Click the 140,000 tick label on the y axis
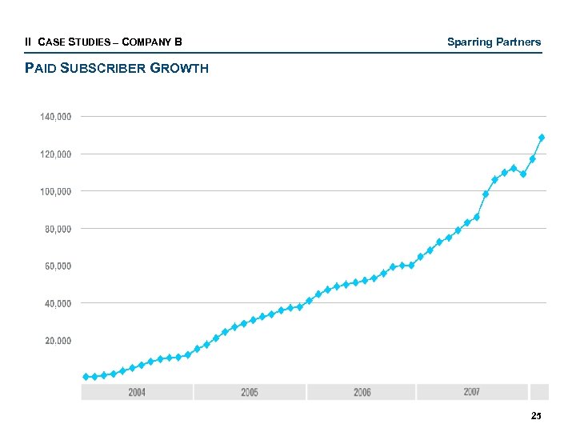56,117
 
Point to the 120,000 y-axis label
56,154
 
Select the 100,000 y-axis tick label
56,191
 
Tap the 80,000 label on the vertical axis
58,229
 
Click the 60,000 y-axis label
58,266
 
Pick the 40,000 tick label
58,303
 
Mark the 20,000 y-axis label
58,341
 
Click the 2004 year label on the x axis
137,392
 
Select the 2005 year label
250,392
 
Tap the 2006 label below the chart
362,392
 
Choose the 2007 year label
471,391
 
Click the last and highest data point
542,138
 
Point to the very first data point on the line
86,376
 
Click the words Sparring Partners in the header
494,42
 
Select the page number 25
536,416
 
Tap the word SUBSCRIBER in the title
99,68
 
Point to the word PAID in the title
39,68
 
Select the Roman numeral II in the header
29,42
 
